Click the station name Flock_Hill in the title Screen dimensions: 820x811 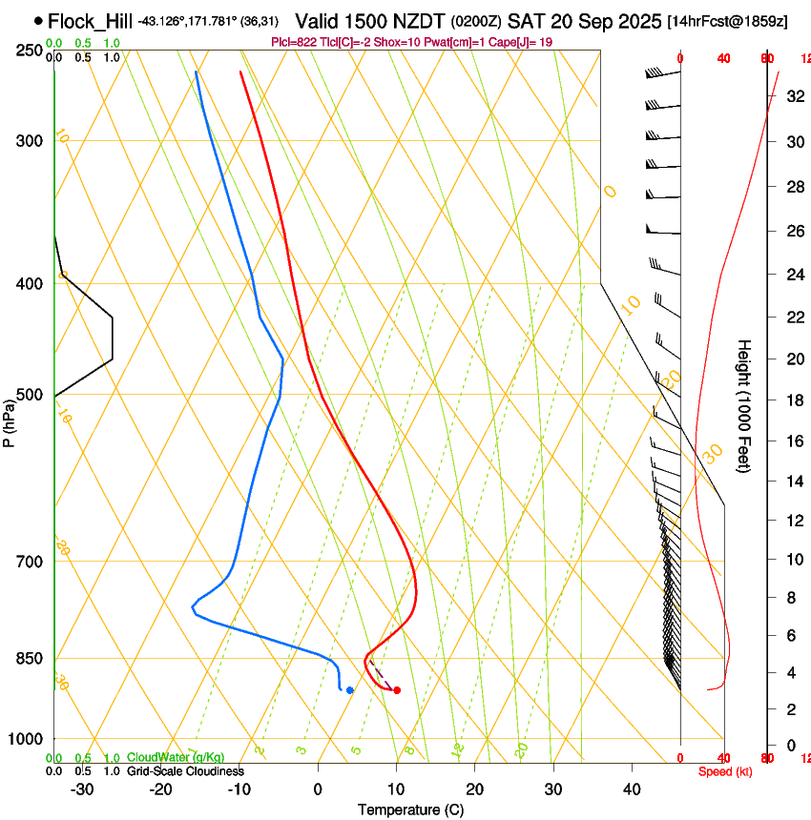(x=90, y=20)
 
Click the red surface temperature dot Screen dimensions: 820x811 (x=397, y=690)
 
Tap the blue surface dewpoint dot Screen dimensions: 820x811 (x=350, y=689)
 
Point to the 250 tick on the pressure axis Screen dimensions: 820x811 (x=30, y=50)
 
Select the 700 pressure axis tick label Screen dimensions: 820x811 (x=30, y=562)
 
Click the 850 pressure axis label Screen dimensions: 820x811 (x=30, y=659)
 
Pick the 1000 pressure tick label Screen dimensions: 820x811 (x=26, y=739)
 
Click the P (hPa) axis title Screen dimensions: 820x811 (x=10, y=420)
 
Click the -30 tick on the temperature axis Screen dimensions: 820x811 (x=82, y=789)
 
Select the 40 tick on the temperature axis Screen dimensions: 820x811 (x=631, y=789)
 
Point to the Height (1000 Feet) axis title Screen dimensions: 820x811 (x=744, y=405)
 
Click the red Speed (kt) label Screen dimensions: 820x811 (x=725, y=771)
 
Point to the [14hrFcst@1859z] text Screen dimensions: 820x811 (x=727, y=21)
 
